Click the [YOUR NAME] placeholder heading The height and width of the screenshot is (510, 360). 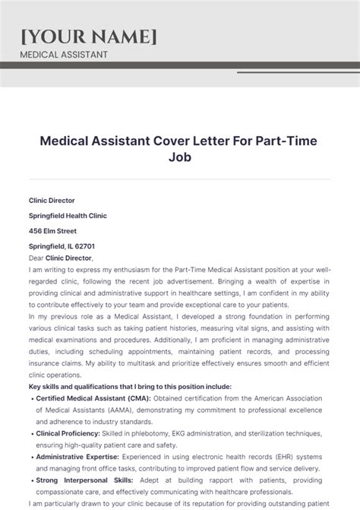pyautogui.click(x=90, y=36)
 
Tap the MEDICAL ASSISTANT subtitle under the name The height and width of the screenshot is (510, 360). pyautogui.click(x=63, y=55)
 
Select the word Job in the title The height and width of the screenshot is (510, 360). pyautogui.click(x=180, y=159)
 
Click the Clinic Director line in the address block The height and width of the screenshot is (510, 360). pyautogui.click(x=52, y=201)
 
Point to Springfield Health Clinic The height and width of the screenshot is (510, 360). pyautogui.click(x=68, y=216)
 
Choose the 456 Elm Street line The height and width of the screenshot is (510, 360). pyautogui.click(x=52, y=231)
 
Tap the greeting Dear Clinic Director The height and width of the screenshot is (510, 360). pyautogui.click(x=58, y=258)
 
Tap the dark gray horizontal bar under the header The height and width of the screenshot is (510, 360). pyautogui.click(x=180, y=65)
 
